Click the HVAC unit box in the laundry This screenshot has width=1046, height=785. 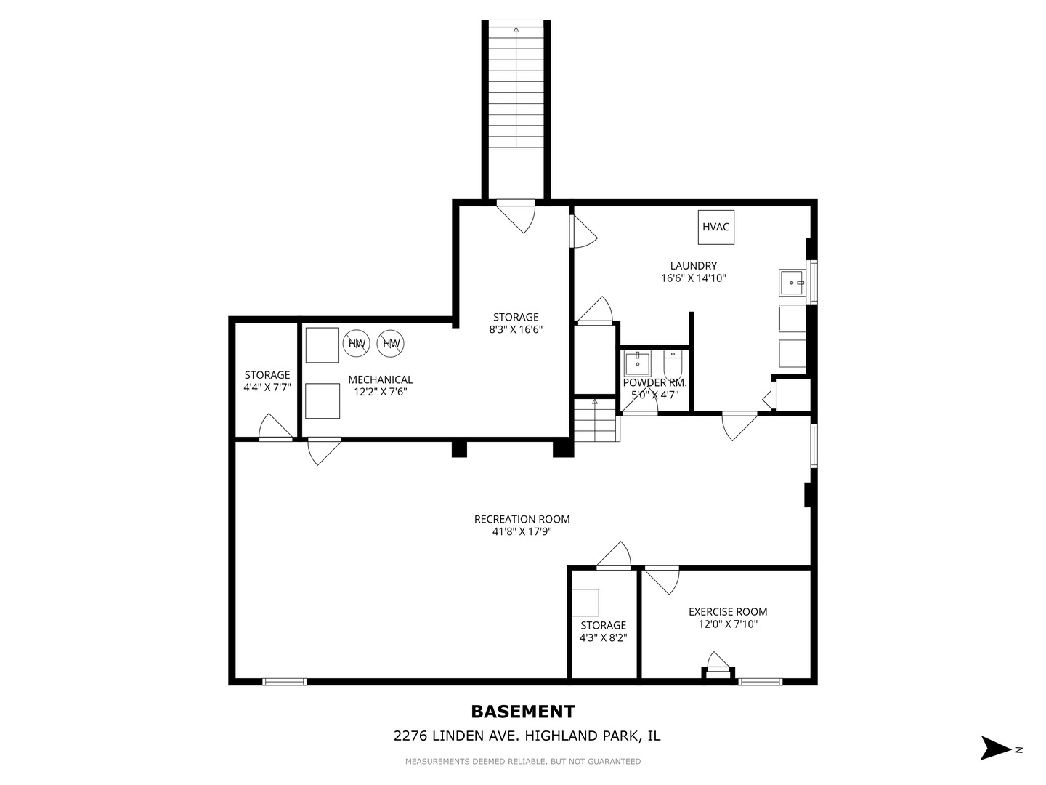(715, 228)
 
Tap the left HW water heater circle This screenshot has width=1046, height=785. (357, 343)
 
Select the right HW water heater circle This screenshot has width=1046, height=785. (391, 343)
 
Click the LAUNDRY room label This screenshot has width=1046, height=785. (694, 266)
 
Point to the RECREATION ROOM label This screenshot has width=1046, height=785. (522, 519)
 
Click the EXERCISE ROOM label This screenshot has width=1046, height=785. (728, 611)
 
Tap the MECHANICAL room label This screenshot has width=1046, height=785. (381, 380)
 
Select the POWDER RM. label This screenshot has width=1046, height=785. (654, 383)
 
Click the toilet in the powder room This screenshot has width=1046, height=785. (673, 364)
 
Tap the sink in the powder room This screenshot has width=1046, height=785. (637, 364)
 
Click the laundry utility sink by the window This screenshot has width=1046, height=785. (792, 283)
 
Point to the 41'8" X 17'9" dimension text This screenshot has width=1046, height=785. (522, 531)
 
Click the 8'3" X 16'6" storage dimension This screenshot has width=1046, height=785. (516, 329)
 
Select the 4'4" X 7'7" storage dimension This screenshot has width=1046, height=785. (267, 387)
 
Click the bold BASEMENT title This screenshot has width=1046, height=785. (523, 712)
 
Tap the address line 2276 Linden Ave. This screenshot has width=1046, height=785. (527, 736)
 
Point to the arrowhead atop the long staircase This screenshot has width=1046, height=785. (516, 30)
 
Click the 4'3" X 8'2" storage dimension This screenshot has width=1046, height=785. (604, 637)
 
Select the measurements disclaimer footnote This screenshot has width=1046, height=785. (523, 762)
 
